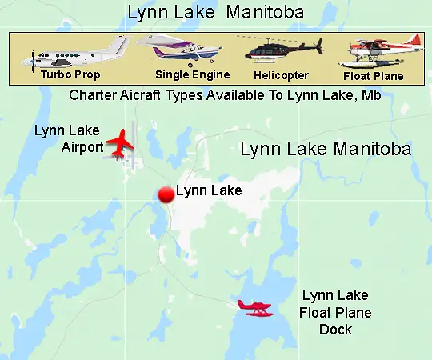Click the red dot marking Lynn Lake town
[166, 194]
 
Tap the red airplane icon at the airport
[121, 142]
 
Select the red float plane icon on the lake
[255, 307]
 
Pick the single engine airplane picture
[181, 50]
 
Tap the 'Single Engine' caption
[193, 75]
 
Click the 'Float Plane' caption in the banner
[373, 77]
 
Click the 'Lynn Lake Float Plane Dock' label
[336, 313]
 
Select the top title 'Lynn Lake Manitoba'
[215, 12]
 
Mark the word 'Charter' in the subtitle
[93, 95]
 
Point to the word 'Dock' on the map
[336, 329]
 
